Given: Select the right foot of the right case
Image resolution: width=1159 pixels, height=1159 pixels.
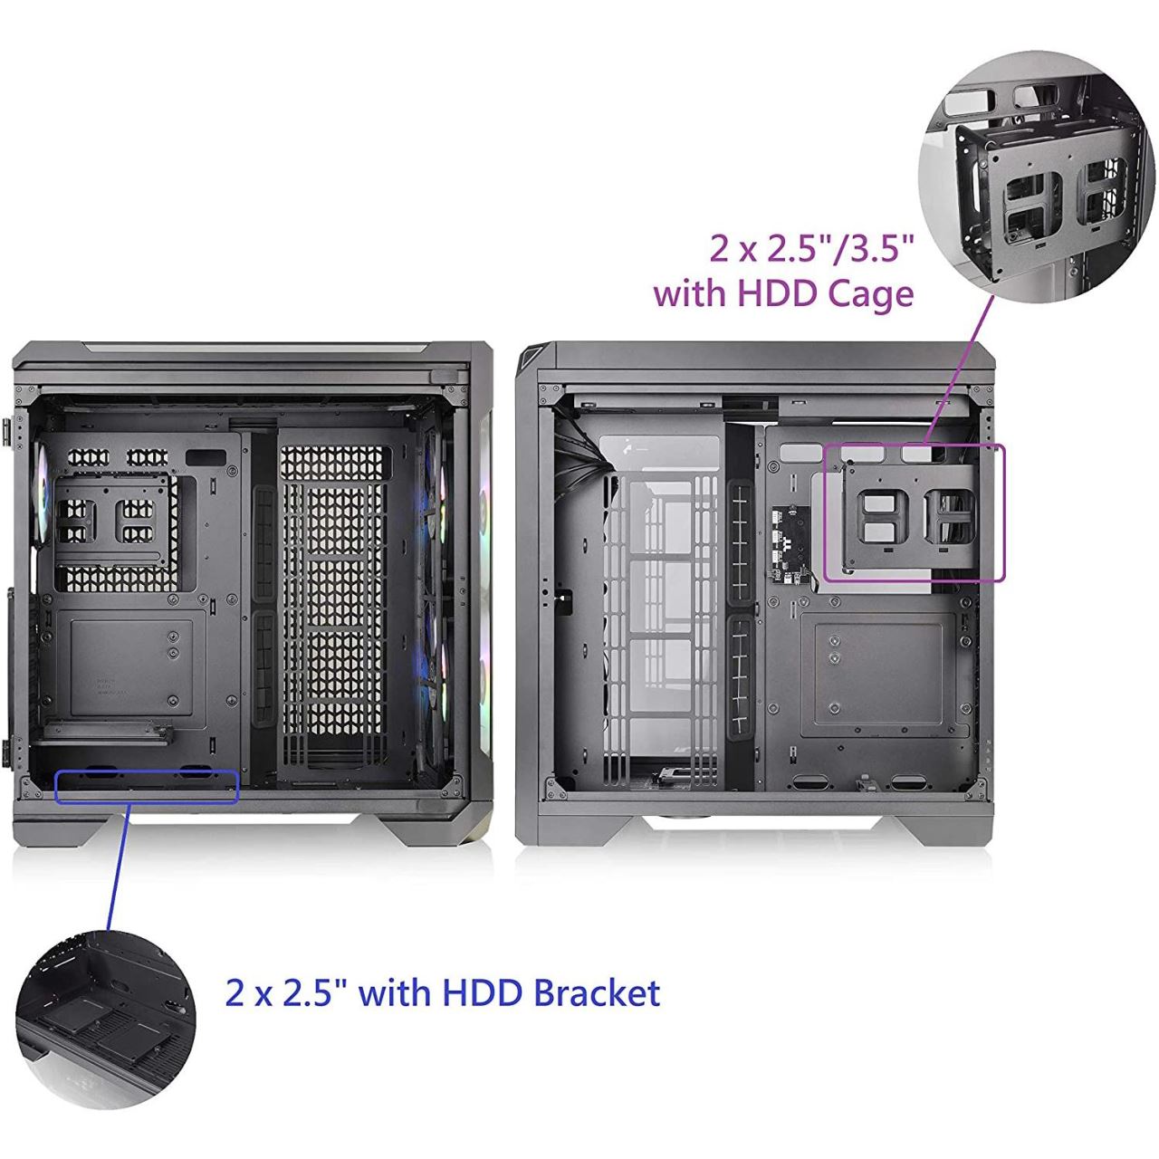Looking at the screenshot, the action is [943, 830].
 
